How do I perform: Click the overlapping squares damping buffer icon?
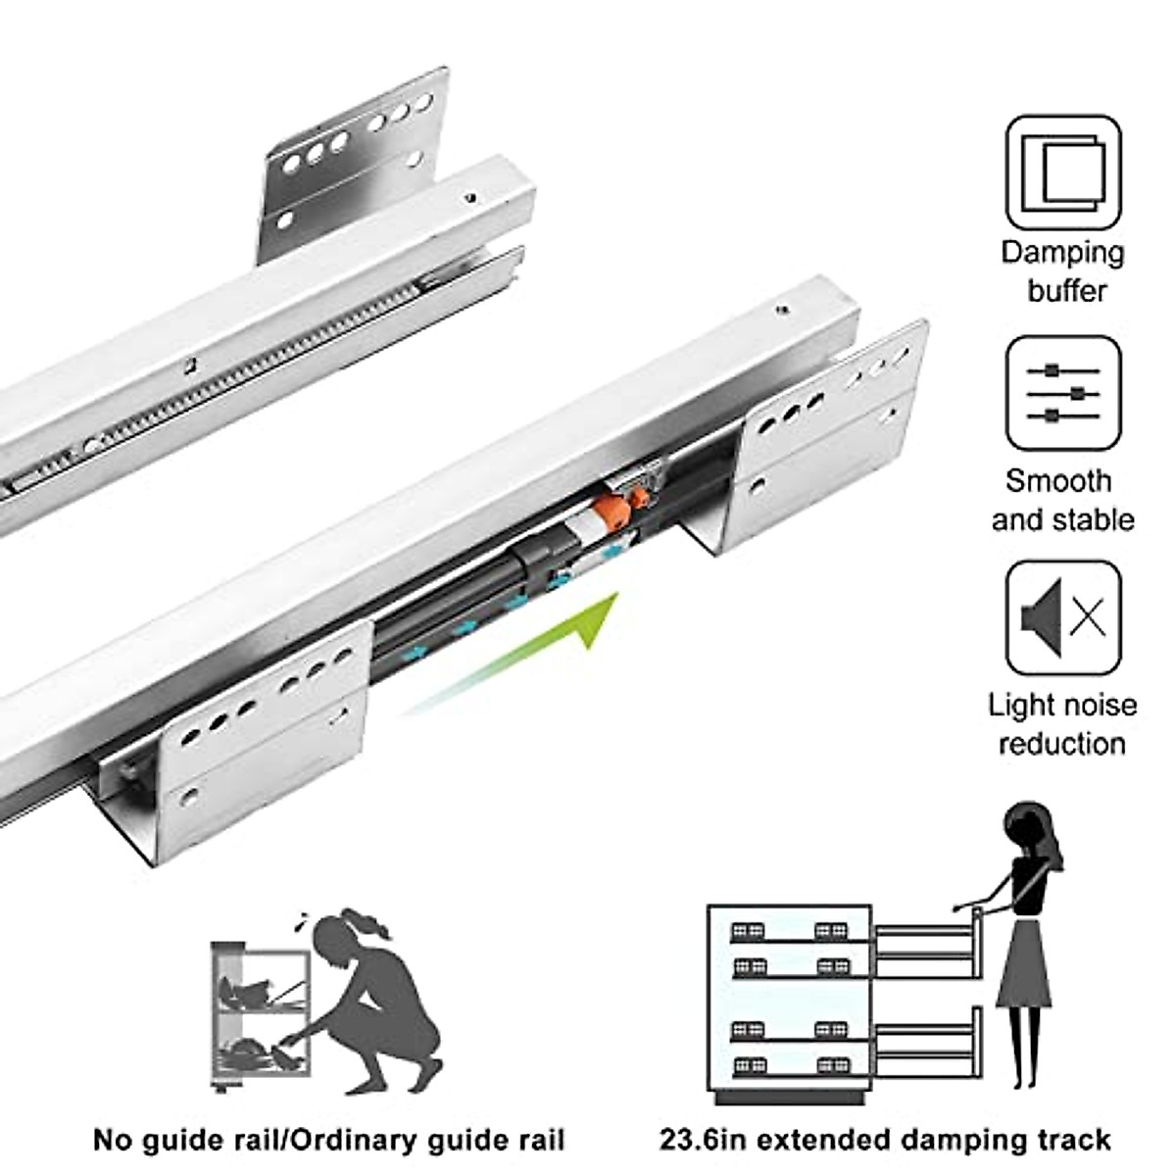click(1063, 172)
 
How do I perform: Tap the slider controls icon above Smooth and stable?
click(1063, 392)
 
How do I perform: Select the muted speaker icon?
click(1063, 617)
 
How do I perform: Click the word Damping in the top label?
click(1062, 253)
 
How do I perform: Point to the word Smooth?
click(1058, 481)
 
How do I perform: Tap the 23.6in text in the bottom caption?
click(703, 1140)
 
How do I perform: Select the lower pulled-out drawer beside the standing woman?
click(926, 1050)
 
